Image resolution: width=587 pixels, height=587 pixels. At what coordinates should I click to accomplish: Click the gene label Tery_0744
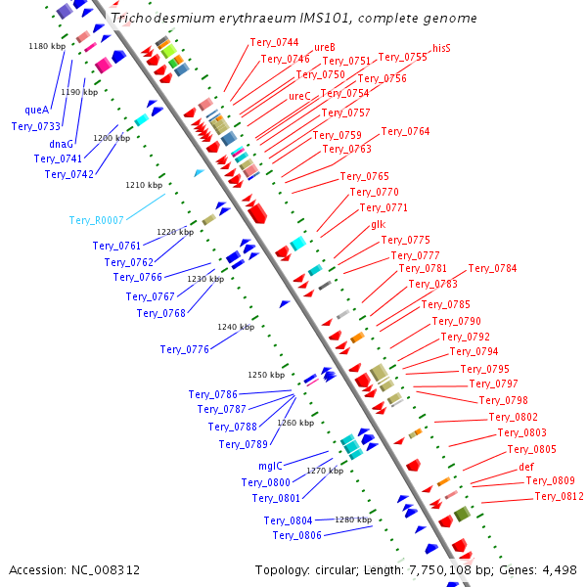tap(273, 42)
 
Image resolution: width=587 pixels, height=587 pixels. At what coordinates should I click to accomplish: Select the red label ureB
tap(325, 47)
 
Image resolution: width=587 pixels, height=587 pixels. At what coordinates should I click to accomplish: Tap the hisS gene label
tap(441, 48)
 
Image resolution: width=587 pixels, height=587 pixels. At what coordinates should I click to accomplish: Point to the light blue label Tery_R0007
tap(96, 221)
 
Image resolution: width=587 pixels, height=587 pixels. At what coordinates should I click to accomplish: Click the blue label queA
tap(36, 111)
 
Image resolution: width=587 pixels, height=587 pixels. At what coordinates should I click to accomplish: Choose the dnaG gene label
tap(61, 144)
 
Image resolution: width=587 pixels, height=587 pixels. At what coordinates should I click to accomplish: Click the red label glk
tap(378, 225)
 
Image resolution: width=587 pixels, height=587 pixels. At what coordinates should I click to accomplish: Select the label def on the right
tap(526, 467)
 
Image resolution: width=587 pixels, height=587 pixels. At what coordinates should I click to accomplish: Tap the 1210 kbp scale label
tap(144, 185)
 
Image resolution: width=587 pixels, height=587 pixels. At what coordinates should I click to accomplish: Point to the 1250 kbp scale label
tap(265, 375)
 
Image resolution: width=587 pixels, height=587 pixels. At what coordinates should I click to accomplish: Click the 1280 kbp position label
tap(353, 519)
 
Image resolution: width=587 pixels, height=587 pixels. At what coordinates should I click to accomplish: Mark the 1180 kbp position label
tap(46, 46)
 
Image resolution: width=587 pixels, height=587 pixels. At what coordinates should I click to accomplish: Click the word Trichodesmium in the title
tap(157, 18)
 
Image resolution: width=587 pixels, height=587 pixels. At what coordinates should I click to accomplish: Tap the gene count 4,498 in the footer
tap(558, 569)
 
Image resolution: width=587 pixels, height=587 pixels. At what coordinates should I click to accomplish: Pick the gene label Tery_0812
tap(559, 497)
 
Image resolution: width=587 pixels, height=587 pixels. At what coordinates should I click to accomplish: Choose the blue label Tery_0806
tap(296, 535)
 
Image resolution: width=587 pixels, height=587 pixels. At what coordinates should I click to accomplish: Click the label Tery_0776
tap(185, 349)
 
